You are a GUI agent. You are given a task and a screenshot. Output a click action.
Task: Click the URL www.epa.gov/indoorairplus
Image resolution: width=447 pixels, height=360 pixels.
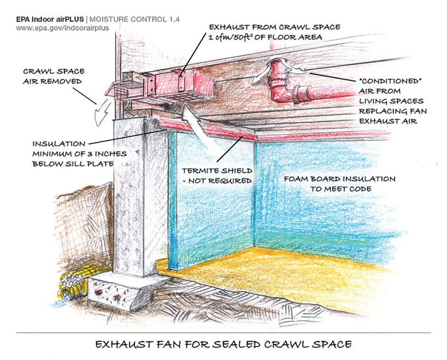pos(62,28)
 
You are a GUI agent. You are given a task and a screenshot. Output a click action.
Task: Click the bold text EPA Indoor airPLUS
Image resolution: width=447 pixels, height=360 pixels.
pos(50,19)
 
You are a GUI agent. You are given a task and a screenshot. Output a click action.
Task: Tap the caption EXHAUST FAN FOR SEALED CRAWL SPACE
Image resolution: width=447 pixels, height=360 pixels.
pos(223,344)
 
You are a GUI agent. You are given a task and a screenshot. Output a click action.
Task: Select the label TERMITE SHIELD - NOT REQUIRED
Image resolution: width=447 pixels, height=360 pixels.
pos(217,175)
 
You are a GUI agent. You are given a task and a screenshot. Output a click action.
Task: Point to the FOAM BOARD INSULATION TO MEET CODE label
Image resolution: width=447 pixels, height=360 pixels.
pos(340,184)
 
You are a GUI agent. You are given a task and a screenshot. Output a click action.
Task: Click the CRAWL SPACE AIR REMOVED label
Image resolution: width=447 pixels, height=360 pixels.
pos(54,76)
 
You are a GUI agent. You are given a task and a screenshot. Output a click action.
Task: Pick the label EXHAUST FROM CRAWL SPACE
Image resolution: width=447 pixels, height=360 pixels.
pos(274,27)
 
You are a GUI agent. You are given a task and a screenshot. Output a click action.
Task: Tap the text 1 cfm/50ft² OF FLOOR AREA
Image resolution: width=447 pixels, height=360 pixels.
pos(265,37)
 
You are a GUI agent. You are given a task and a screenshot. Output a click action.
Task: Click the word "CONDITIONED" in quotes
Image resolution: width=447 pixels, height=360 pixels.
pos(390,81)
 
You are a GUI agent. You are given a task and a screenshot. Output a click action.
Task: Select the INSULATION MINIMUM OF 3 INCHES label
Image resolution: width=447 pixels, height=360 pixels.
pos(79,154)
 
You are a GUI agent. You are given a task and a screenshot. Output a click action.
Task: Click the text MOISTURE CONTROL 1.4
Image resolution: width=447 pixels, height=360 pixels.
pos(135,19)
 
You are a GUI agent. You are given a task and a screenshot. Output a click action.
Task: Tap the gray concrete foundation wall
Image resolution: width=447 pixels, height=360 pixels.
pos(140,197)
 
